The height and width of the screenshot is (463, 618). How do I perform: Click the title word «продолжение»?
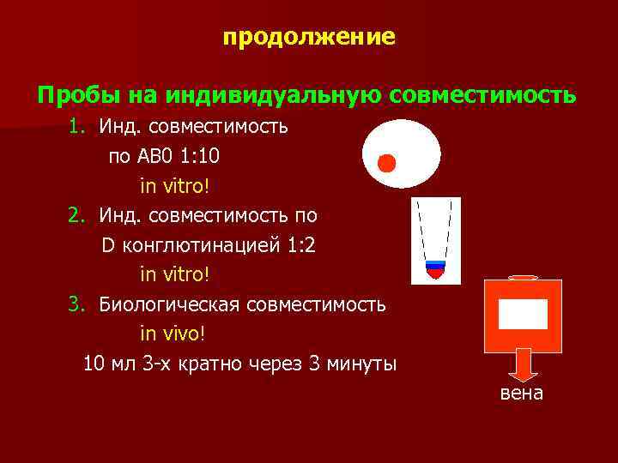309,38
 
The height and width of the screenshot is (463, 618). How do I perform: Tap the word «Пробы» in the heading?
73,93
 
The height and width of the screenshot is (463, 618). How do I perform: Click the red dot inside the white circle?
387,163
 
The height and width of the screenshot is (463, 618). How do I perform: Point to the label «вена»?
521,393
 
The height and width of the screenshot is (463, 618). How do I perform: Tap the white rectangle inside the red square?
523,314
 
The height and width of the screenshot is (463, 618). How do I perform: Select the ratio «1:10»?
207,157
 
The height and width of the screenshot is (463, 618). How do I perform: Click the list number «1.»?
79,128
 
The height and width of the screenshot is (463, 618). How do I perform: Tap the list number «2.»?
79,215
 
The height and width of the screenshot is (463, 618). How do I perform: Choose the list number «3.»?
79,304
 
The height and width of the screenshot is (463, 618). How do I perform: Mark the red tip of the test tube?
437,274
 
